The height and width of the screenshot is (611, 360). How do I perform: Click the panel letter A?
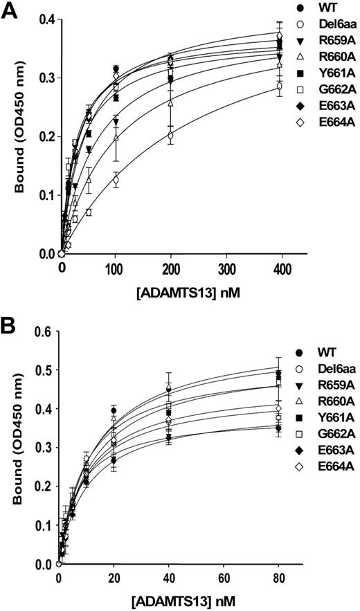pos(10,12)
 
